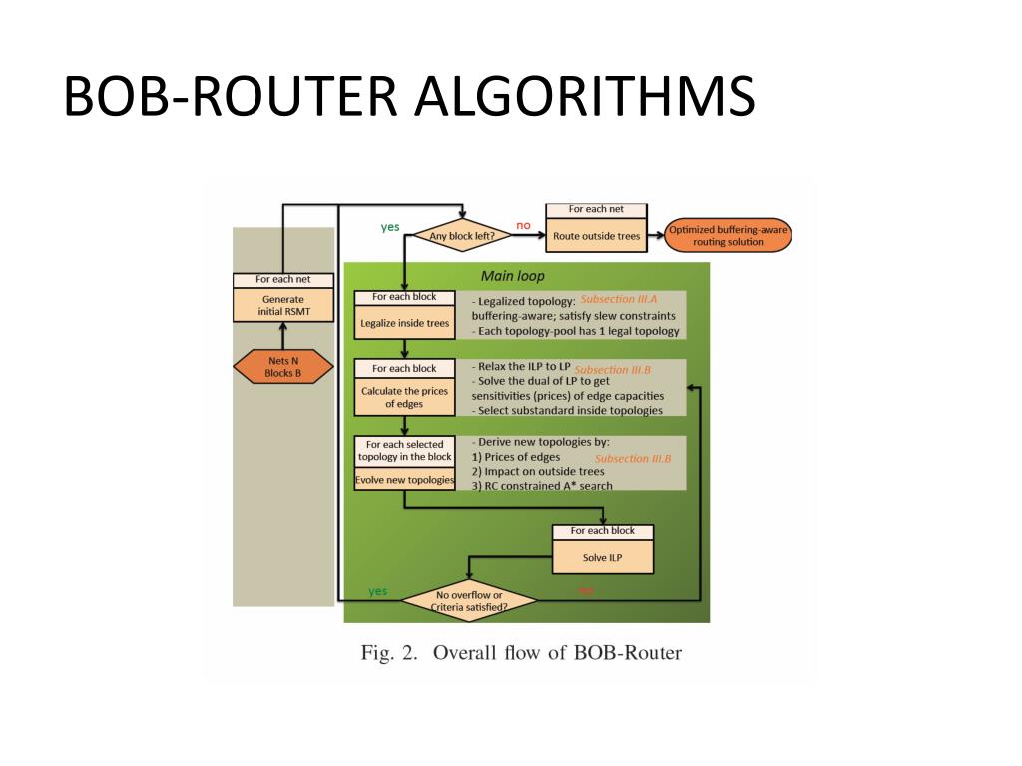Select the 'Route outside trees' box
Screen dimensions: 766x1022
[x=598, y=236]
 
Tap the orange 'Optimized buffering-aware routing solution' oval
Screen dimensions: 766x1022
[x=729, y=236]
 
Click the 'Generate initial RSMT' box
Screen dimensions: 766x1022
[x=282, y=305]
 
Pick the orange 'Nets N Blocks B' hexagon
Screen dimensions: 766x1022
[x=282, y=367]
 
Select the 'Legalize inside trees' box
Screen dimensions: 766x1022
[x=404, y=323]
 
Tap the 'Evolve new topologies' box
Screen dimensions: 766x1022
[x=404, y=480]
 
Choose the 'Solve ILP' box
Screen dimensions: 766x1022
[x=602, y=557]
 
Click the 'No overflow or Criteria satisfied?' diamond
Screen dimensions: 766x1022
[x=468, y=600]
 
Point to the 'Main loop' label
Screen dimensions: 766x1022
[x=513, y=275]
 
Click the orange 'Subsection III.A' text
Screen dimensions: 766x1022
[x=619, y=299]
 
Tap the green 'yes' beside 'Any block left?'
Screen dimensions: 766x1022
[x=390, y=226]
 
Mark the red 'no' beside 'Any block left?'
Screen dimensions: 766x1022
[x=523, y=225]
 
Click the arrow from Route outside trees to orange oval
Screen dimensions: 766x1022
[x=660, y=236]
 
